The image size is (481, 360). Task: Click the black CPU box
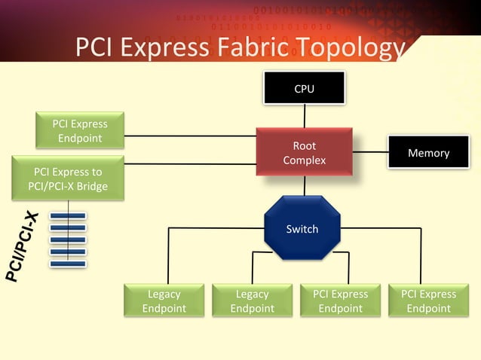pos(304,88)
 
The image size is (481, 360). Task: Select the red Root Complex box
pos(304,153)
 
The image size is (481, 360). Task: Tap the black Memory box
pos(428,153)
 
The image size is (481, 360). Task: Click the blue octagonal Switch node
pos(302,228)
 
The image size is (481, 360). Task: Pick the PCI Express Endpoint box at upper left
pos(80,131)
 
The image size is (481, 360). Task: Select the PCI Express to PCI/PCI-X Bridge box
pos(68,178)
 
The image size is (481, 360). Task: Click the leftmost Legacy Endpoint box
pos(164,301)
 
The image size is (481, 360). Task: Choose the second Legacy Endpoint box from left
pos(252,301)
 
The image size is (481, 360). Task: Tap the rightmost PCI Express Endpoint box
pos(428,301)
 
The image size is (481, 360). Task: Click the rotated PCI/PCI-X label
pos(23,246)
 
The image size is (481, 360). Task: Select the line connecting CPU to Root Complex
pos(305,116)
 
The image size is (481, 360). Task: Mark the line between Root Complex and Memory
pos(369,153)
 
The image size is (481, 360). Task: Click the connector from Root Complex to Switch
pos(304,186)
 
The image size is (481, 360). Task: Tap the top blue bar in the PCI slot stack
pos(67,215)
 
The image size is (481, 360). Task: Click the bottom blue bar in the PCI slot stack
pos(67,264)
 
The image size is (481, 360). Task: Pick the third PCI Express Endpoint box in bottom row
pos(340,301)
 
